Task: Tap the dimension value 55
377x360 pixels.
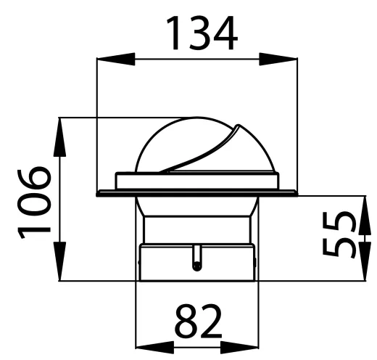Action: click(341, 235)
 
